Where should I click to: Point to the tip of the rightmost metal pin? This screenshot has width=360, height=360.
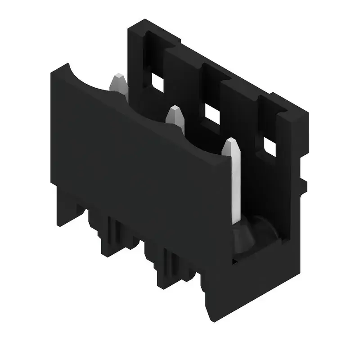(x=231, y=143)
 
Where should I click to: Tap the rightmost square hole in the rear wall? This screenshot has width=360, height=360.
(x=270, y=147)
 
